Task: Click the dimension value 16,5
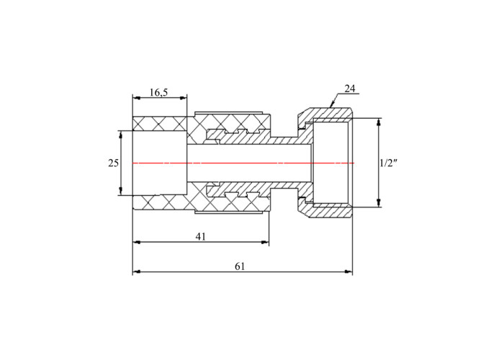[x=158, y=93]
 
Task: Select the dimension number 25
[x=113, y=163]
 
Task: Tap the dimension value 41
[x=201, y=237]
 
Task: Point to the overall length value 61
[x=240, y=266]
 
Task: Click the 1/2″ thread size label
[x=389, y=163]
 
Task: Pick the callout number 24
[x=350, y=89]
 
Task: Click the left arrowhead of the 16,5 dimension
[x=137, y=98]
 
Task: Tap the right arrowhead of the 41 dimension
[x=265, y=242]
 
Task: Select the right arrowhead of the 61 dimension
[x=348, y=272]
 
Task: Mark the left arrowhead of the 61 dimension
[x=137, y=272]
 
